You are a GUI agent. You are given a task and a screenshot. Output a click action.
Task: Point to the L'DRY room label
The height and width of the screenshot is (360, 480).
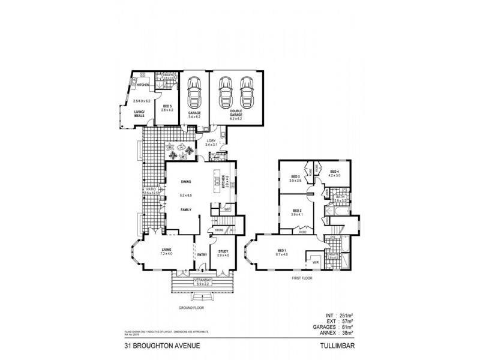(x=210, y=142)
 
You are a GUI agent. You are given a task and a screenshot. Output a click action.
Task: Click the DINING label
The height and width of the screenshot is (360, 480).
(x=186, y=181)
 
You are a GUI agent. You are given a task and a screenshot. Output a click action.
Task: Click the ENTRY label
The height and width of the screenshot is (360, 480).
(x=202, y=254)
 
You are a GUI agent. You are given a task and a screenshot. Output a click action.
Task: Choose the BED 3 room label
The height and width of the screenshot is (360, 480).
(x=295, y=176)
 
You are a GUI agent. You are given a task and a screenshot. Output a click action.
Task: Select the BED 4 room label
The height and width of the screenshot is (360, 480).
(x=334, y=172)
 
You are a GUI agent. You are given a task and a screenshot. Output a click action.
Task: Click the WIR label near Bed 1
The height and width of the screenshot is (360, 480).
(x=315, y=263)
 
